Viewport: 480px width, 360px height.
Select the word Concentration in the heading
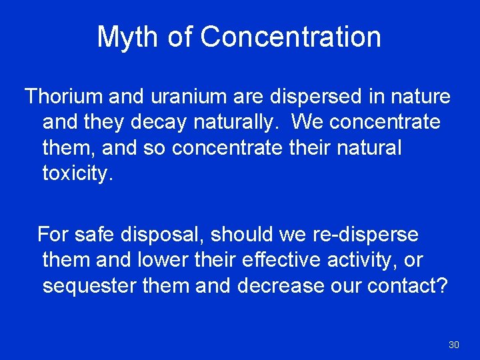coord(291,37)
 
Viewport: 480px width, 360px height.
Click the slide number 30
coord(454,345)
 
